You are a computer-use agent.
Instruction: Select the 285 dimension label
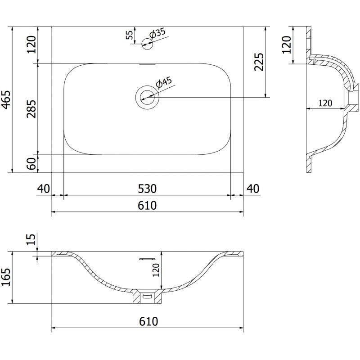click(31, 108)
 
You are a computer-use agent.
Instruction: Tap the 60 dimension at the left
click(31, 164)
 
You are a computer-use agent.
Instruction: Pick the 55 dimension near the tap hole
click(130, 35)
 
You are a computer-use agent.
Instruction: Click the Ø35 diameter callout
click(158, 34)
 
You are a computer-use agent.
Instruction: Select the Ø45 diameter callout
click(163, 84)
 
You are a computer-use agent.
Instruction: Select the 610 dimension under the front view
click(147, 322)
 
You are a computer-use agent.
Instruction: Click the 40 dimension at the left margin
click(43, 189)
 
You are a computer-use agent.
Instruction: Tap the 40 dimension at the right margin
click(253, 189)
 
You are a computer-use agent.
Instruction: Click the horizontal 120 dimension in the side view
click(325, 103)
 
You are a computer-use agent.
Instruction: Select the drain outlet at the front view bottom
click(147, 297)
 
